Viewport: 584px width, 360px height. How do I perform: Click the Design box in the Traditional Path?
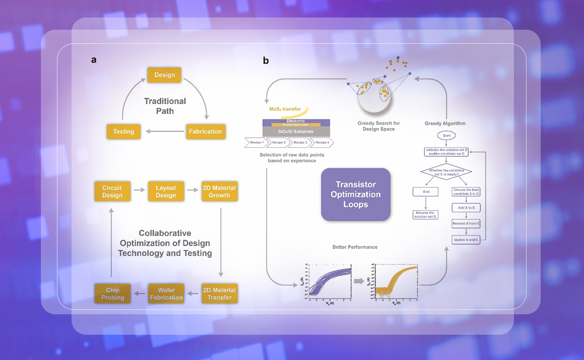164,75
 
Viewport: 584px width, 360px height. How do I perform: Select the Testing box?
124,131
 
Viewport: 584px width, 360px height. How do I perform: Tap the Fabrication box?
204,131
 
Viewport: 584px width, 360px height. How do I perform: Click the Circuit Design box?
112,191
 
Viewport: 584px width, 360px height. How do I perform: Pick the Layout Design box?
166,191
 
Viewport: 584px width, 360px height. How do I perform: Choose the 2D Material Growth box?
219,191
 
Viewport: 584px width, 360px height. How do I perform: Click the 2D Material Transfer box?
219,293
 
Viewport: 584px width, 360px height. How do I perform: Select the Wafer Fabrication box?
166,293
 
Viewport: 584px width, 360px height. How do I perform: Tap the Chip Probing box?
112,293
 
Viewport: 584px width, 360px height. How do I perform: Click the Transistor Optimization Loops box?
355,195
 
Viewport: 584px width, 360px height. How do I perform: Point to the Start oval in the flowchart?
446,135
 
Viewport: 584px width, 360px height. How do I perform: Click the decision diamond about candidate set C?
446,172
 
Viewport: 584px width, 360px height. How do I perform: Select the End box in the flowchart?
426,192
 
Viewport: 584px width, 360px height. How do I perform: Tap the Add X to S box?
466,208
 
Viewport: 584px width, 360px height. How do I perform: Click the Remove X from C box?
466,223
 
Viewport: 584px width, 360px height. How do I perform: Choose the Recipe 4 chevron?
322,143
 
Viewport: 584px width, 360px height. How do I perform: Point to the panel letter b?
266,61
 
